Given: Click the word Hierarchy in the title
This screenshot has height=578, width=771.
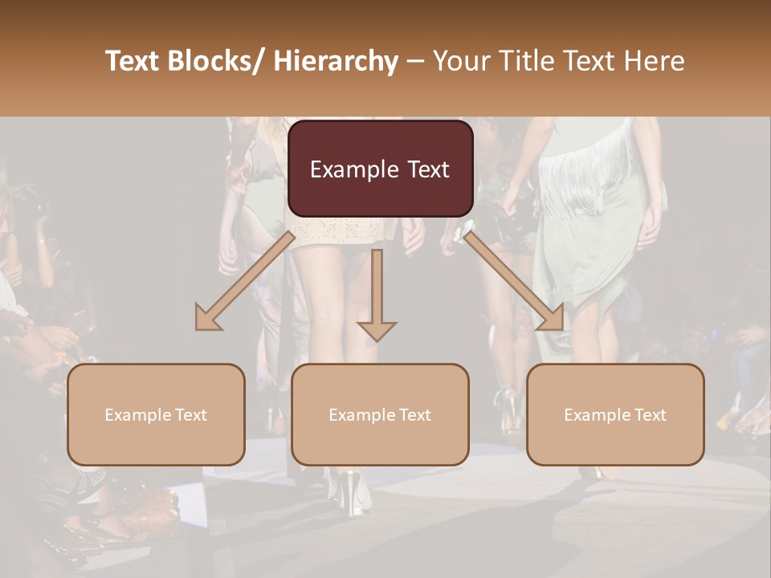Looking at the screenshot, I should (x=336, y=62).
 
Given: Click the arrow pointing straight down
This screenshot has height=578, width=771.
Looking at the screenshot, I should (x=377, y=293).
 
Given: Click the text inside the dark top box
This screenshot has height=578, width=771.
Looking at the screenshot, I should (x=380, y=169).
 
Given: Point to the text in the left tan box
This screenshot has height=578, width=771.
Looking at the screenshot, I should (x=156, y=415).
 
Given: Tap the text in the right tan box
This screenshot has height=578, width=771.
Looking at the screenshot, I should (x=615, y=415).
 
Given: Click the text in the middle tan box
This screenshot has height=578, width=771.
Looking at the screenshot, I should (x=380, y=415).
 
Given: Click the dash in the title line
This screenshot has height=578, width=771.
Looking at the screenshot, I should (x=415, y=62).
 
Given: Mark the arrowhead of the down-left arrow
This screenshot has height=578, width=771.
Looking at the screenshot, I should (x=208, y=319).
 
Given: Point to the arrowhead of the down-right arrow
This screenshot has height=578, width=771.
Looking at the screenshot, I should (x=552, y=319).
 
